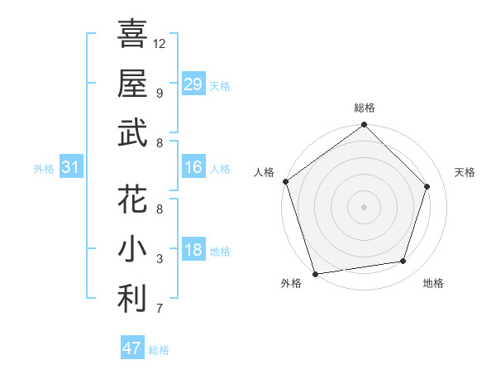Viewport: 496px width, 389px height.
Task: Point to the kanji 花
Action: click(133, 199)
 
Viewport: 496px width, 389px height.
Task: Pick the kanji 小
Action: click(133, 249)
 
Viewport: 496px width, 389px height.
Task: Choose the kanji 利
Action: click(133, 299)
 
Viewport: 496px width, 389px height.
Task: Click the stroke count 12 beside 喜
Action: click(160, 43)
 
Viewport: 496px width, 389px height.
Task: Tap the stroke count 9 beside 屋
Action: click(160, 93)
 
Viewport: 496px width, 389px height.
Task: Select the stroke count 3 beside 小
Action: click(160, 260)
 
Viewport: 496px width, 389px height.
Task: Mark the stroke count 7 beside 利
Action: click(160, 310)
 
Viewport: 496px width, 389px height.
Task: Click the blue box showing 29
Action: click(193, 84)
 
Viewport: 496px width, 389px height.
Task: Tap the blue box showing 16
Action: click(193, 167)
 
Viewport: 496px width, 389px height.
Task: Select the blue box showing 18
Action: click(193, 251)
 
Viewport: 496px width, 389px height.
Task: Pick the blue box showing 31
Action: click(70, 168)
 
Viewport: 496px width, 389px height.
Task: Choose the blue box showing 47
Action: click(132, 348)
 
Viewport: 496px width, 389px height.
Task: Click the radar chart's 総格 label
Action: click(365, 108)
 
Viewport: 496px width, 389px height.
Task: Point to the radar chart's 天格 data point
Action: click(427, 186)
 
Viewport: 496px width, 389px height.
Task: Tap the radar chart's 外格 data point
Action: click(316, 273)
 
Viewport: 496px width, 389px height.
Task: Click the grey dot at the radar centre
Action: click(364, 206)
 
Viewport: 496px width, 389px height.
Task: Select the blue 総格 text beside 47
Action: click(159, 350)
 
